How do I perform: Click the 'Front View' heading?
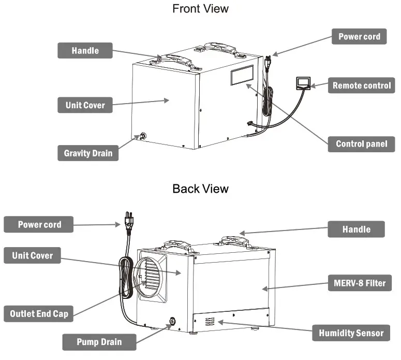pyautogui.click(x=200, y=9)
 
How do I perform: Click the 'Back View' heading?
pyautogui.click(x=200, y=189)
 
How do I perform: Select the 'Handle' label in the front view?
pyautogui.click(x=85, y=51)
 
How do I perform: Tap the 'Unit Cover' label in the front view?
pyautogui.click(x=85, y=105)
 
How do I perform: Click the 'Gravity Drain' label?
pyautogui.click(x=87, y=153)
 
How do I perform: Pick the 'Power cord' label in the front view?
pyautogui.click(x=359, y=37)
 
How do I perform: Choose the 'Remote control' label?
pyautogui.click(x=361, y=85)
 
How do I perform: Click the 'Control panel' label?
pyautogui.click(x=361, y=144)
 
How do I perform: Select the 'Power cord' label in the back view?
pyautogui.click(x=39, y=225)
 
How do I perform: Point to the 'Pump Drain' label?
pyautogui.click(x=99, y=342)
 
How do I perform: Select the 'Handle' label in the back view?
pyautogui.click(x=356, y=229)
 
